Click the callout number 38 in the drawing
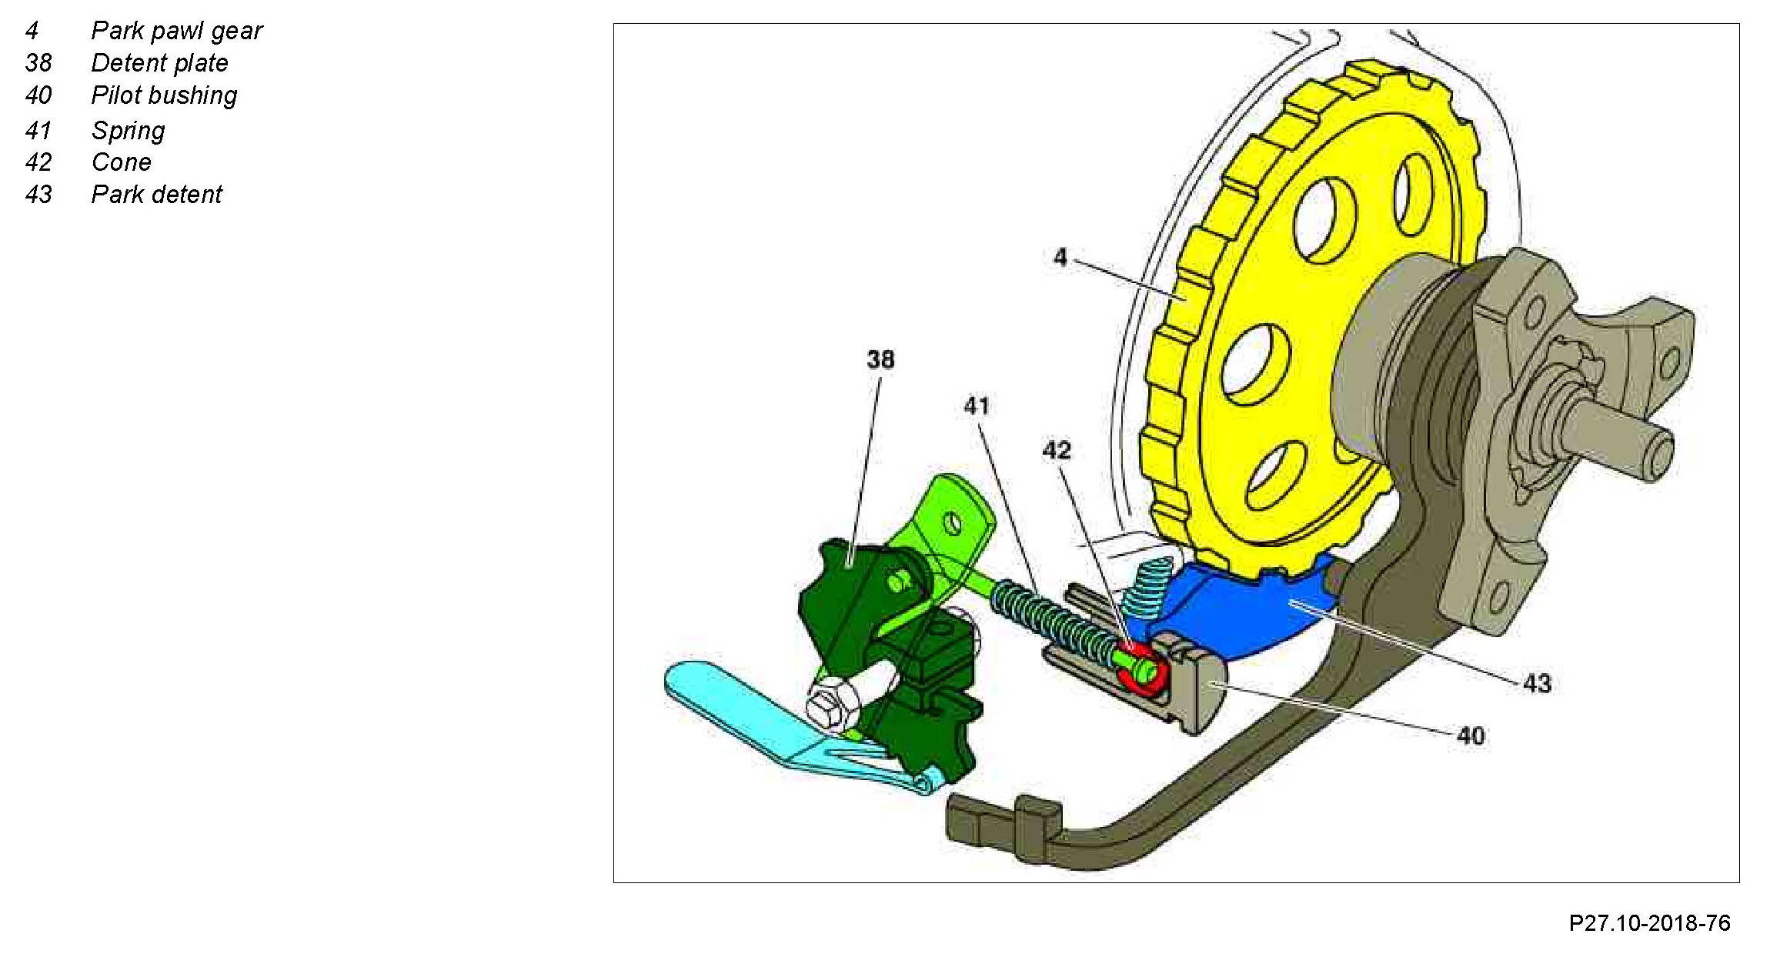(x=880, y=359)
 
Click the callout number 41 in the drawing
(x=977, y=405)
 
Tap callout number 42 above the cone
(x=1056, y=450)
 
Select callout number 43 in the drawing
(x=1537, y=683)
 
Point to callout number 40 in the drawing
(x=1471, y=736)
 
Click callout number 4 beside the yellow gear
(x=1060, y=257)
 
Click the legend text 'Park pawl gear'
(x=176, y=31)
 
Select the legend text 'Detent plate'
(x=159, y=63)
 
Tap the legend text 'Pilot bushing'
(x=164, y=95)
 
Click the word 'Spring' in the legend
(x=128, y=131)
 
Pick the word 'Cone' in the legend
(x=121, y=162)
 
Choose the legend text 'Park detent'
(x=156, y=195)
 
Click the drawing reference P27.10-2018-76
(x=1649, y=923)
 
